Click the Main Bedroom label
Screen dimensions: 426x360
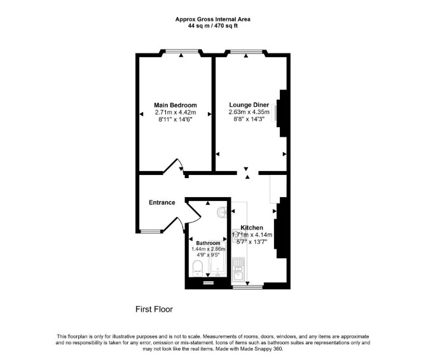[x=175, y=105]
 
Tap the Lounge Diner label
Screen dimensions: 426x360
[x=249, y=105]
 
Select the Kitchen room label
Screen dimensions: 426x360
[x=252, y=228]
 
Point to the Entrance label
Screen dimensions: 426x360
[x=162, y=202]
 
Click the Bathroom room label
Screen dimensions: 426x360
[x=208, y=243]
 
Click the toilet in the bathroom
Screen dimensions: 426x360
[x=197, y=268]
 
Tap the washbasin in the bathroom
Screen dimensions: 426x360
[x=223, y=212]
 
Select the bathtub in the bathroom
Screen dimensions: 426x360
[x=217, y=260]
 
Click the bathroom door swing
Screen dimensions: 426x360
[x=193, y=212]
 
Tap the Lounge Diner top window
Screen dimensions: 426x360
[x=246, y=51]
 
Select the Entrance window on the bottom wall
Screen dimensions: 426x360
[x=150, y=232]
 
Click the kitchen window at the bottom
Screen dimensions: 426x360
[x=247, y=287]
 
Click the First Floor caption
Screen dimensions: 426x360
[x=154, y=309]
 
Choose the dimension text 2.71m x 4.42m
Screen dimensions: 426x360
[x=175, y=112]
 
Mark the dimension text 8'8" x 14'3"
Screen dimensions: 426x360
[x=249, y=119]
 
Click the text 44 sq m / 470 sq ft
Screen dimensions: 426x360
[x=213, y=26]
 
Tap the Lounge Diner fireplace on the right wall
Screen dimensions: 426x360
[x=282, y=113]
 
